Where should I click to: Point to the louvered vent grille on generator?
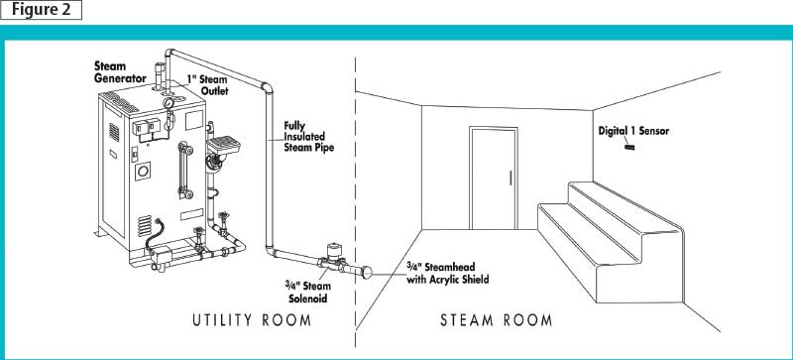145,224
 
